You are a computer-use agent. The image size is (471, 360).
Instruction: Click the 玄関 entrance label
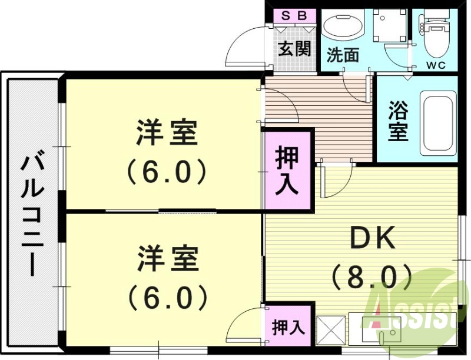click(x=294, y=48)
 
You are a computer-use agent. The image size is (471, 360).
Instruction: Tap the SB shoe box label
click(x=293, y=16)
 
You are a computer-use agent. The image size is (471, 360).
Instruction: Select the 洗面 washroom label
click(x=343, y=55)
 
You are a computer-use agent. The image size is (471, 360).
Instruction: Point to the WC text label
click(x=436, y=64)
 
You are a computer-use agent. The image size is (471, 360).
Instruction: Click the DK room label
click(x=372, y=239)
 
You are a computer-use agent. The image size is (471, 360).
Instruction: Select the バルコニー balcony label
click(x=32, y=215)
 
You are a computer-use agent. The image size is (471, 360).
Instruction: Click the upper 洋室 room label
click(x=167, y=133)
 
